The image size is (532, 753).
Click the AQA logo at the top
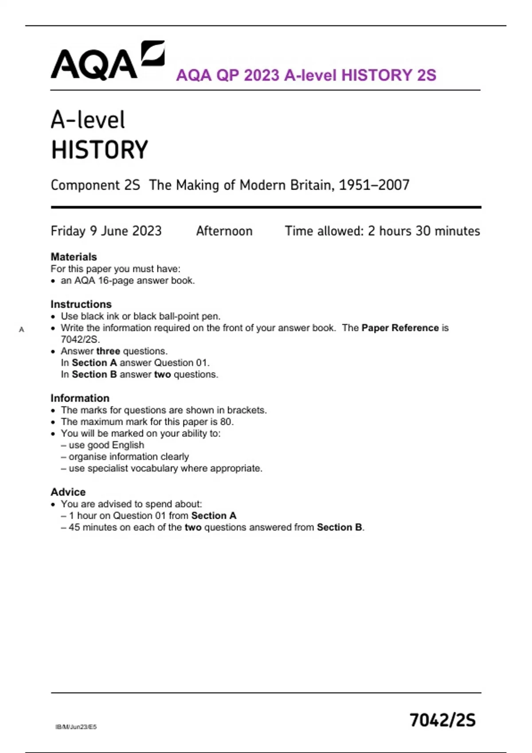(x=107, y=62)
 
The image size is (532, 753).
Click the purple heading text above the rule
(x=306, y=75)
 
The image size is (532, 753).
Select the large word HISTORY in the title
(x=100, y=150)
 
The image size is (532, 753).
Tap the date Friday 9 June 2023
(x=106, y=231)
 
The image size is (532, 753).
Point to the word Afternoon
(x=224, y=231)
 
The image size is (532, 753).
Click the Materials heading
(x=74, y=257)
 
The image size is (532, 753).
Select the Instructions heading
(x=81, y=304)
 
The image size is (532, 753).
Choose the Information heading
(x=80, y=398)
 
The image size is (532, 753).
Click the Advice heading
(x=68, y=492)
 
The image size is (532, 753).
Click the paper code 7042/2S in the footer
(x=442, y=720)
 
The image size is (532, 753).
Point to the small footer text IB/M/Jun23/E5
(x=76, y=727)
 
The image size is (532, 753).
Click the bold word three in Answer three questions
(x=108, y=351)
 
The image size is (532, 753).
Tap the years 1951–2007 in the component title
(x=374, y=185)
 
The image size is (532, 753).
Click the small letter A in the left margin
(x=21, y=330)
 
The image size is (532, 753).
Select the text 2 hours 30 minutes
(x=424, y=231)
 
